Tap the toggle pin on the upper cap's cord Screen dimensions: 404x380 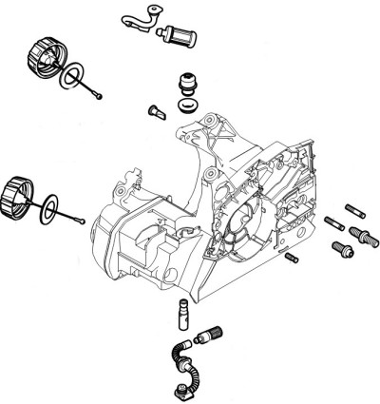pyautogui.click(x=99, y=95)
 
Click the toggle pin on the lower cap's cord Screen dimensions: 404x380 pyautogui.click(x=85, y=221)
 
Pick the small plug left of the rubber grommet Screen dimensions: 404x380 pyautogui.click(x=156, y=111)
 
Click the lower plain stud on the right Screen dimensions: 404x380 pyautogui.click(x=333, y=223)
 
